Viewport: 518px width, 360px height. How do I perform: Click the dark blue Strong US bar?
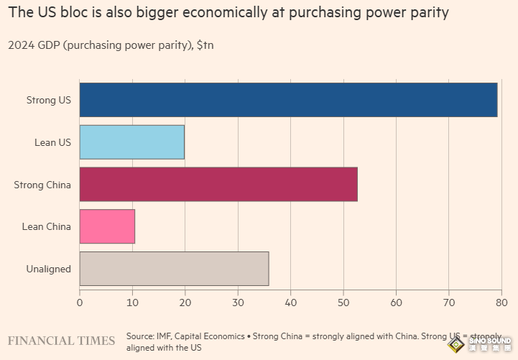pos(288,100)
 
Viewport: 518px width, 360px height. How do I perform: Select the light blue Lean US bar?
pos(131,142)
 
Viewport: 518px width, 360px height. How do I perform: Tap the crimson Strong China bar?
pos(218,184)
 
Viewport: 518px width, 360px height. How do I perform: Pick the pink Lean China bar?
pos(107,226)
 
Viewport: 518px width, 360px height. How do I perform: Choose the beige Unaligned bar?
pos(174,269)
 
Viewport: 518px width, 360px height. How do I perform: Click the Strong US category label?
pos(48,100)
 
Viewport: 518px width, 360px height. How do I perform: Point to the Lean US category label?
pos(52,142)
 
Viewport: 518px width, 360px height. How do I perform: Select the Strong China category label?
pos(42,185)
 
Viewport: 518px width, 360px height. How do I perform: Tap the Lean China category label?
pos(47,226)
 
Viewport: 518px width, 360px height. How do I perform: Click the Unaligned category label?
pos(48,269)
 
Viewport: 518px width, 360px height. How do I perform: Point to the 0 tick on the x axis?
pos(80,303)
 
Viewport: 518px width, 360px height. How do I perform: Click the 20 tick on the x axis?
pos(185,303)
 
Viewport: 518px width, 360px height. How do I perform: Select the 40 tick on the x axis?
pos(290,303)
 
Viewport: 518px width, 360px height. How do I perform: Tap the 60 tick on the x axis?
pos(396,303)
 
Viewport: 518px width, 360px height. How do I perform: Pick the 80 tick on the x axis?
pos(501,303)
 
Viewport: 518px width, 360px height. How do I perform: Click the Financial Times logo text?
pos(61,340)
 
